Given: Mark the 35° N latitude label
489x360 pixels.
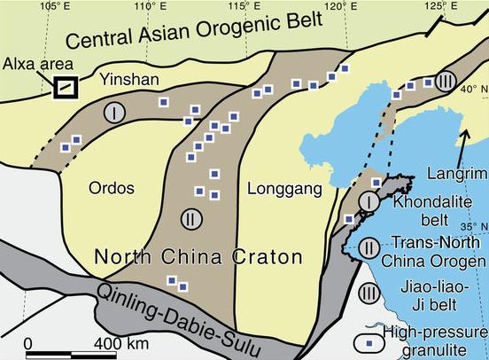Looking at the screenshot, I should tap(474, 226).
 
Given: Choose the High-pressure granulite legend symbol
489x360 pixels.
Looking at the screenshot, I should tap(370, 339).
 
